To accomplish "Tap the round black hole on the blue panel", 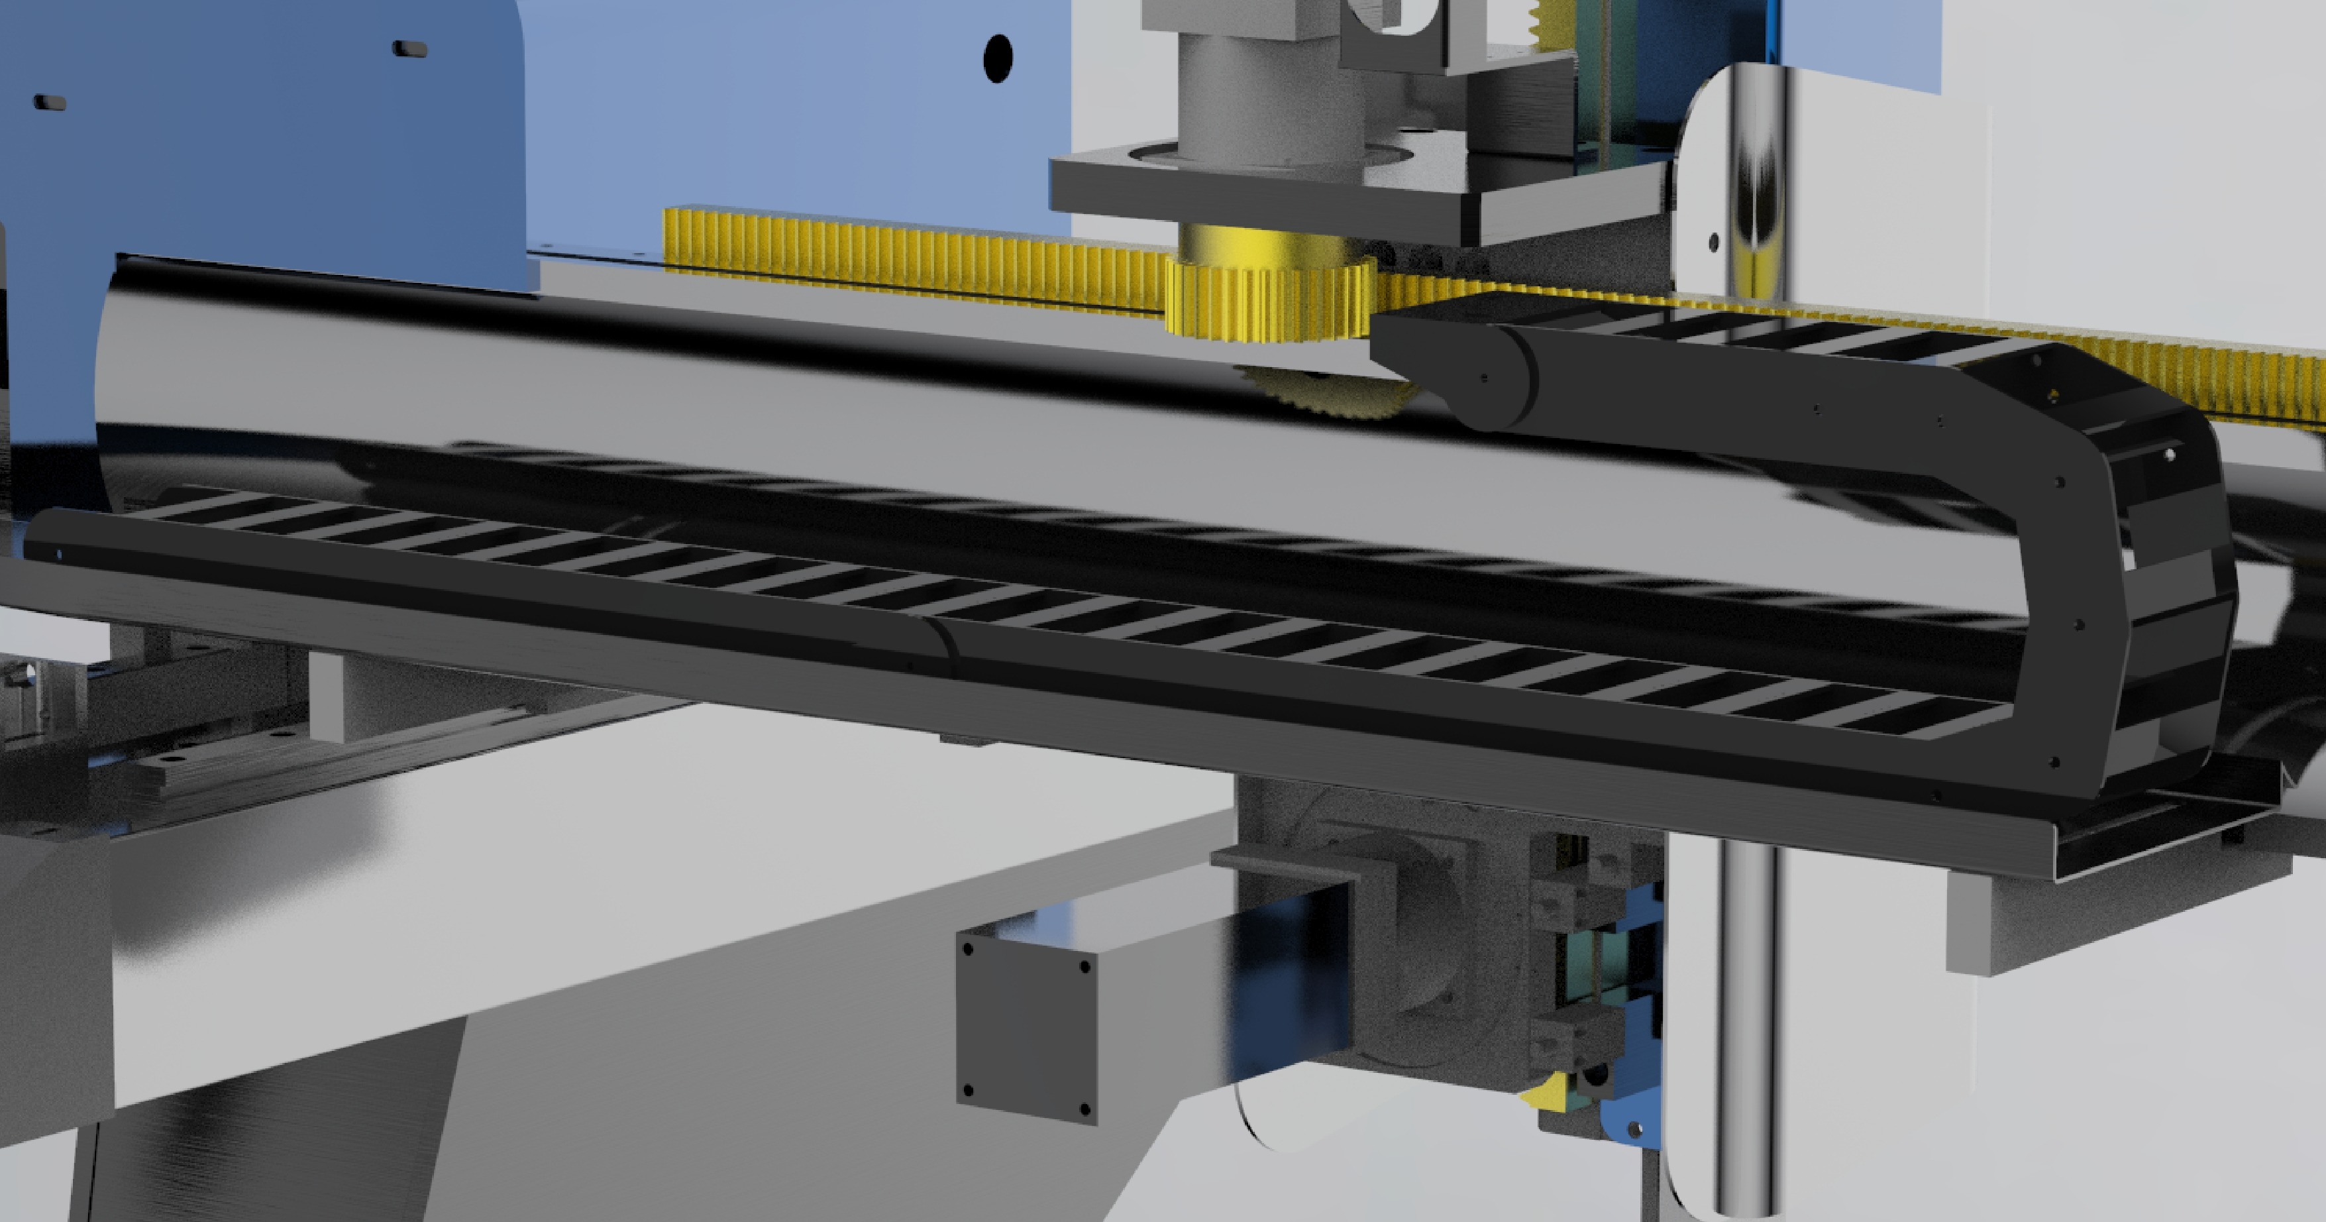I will click(997, 59).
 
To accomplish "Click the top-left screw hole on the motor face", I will click(969, 949).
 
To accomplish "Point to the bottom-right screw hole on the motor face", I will click(1084, 1108).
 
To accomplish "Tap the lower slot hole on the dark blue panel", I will click(50, 102).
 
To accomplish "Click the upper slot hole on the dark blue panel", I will click(410, 48).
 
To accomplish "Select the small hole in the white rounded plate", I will click(1714, 241).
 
